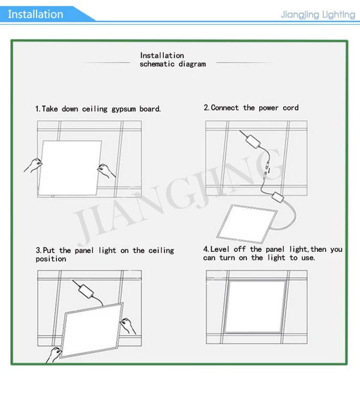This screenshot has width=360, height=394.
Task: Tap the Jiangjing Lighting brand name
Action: point(318,14)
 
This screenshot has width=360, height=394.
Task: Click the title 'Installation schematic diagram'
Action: point(173,59)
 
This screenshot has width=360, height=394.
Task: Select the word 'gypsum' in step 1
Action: point(124,109)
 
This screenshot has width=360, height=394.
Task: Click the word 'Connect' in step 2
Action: point(225,108)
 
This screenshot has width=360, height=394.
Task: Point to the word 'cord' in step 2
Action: point(290,108)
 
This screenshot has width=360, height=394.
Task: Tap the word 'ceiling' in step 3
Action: point(161,251)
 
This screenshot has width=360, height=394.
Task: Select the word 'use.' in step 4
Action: point(308,258)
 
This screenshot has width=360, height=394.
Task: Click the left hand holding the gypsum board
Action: point(34,165)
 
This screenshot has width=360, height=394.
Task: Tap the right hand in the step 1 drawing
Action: point(106,171)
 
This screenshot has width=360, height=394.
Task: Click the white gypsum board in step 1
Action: point(70,168)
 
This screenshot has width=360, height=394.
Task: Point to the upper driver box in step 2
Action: point(253,142)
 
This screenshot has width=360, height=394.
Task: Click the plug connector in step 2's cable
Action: point(266,170)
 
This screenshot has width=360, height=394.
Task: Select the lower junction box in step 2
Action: point(278,197)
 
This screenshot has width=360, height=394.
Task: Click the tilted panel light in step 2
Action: point(247,224)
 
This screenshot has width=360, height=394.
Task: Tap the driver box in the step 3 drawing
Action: point(86,291)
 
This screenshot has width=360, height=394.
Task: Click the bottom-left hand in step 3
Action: point(53,355)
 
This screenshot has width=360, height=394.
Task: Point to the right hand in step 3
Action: point(128,326)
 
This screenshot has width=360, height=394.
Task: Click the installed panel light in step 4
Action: point(256,306)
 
